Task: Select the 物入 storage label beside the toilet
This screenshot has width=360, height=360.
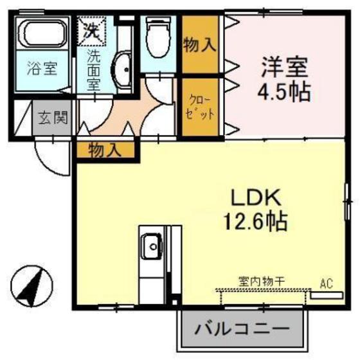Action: point(199,45)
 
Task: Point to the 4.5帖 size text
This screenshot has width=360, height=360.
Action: point(285,91)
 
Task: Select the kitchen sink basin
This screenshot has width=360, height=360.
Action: point(152,244)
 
